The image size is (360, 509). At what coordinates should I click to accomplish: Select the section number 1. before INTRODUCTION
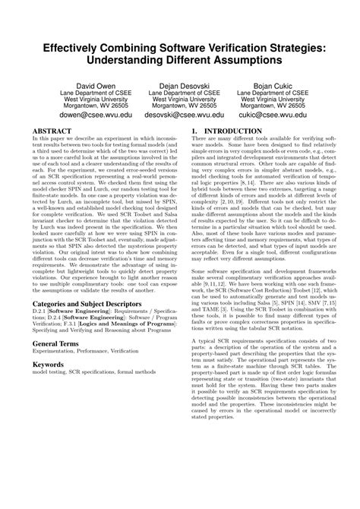(196, 131)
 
